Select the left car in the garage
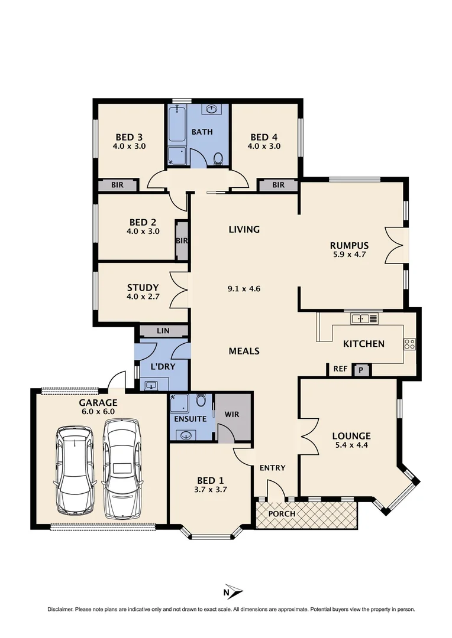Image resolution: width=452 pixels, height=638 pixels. pos(74,471)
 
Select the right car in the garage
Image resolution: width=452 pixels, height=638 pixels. pos(122,468)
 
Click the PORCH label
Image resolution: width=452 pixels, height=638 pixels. pos(282,513)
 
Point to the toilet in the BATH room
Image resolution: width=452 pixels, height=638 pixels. pos(218,158)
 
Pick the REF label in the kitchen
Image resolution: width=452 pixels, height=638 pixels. pos(340,369)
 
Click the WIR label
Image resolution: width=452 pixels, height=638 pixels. pos(232,414)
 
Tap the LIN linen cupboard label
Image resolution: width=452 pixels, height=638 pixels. pos(163,331)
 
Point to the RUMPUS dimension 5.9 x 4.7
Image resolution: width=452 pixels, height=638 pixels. pos(349,256)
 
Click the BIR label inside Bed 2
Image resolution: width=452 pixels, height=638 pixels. pos(182,240)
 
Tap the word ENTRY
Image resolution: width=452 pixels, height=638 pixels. pos(272,468)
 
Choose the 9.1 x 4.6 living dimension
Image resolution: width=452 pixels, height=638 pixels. pos(244,289)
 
